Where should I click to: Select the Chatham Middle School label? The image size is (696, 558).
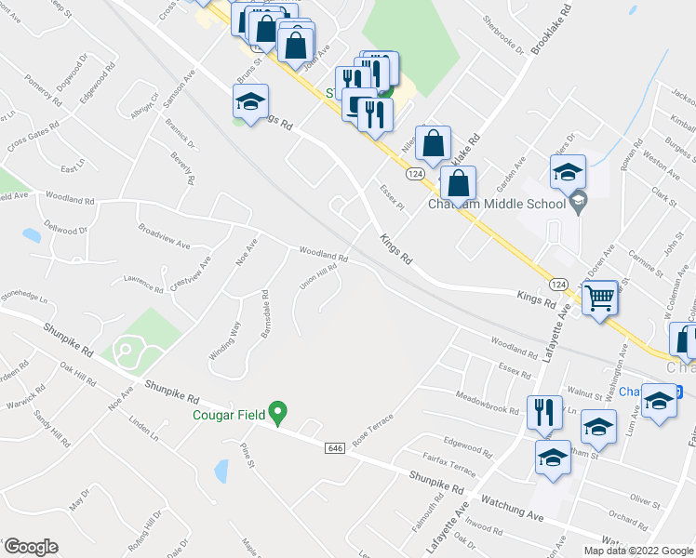point(497,205)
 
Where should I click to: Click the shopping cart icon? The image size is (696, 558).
point(601,299)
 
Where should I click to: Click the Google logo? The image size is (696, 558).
point(30,547)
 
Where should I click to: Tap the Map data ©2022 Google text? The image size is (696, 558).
point(637,551)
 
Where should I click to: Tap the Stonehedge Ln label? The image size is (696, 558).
point(20,299)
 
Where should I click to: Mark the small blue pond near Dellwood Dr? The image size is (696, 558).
point(31,234)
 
